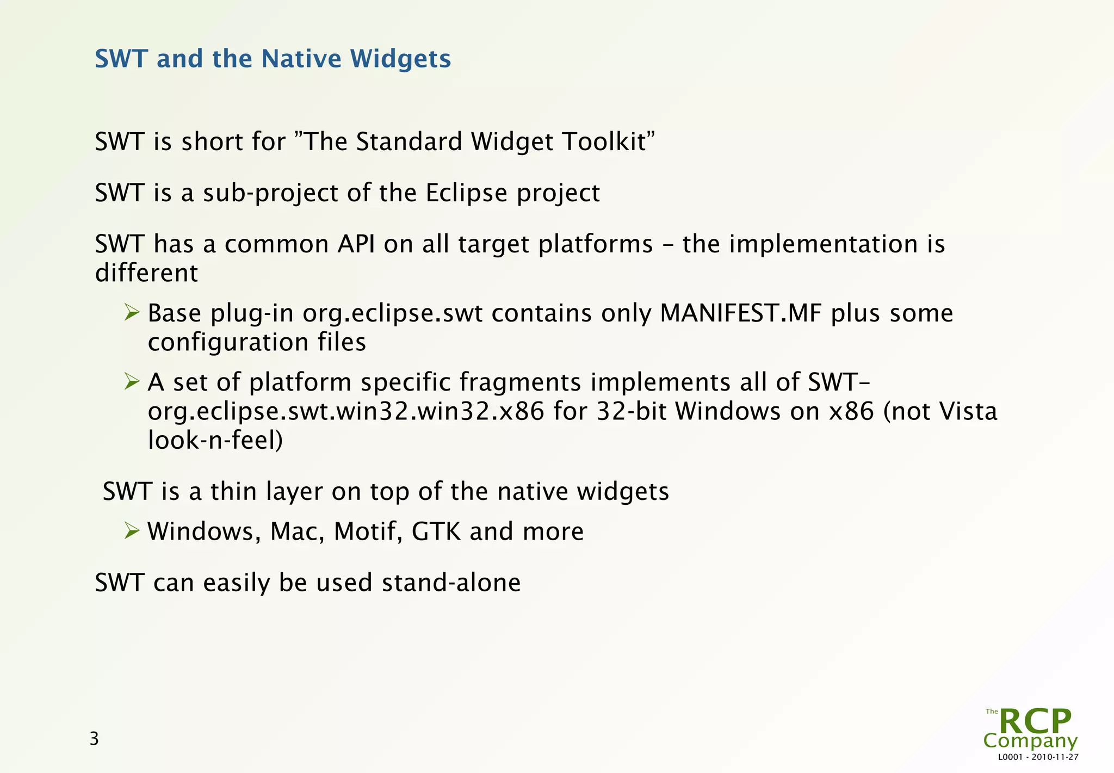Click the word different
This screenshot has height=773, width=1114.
click(x=146, y=273)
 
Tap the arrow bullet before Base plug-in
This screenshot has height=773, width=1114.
click(x=132, y=312)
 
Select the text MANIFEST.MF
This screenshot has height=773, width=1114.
click(x=740, y=313)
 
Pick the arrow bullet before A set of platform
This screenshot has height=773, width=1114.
click(x=132, y=381)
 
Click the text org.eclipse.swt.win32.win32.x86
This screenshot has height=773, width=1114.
click(x=345, y=411)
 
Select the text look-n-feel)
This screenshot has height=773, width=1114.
click(x=215, y=440)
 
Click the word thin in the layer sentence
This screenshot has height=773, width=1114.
click(x=233, y=491)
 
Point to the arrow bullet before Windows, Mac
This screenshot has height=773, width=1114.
click(x=132, y=530)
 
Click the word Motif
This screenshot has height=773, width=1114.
click(x=368, y=531)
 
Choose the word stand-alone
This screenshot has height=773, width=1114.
click(x=451, y=583)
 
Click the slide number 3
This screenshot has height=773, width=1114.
click(x=94, y=739)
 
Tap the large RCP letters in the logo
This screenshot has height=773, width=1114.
click(x=1035, y=722)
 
